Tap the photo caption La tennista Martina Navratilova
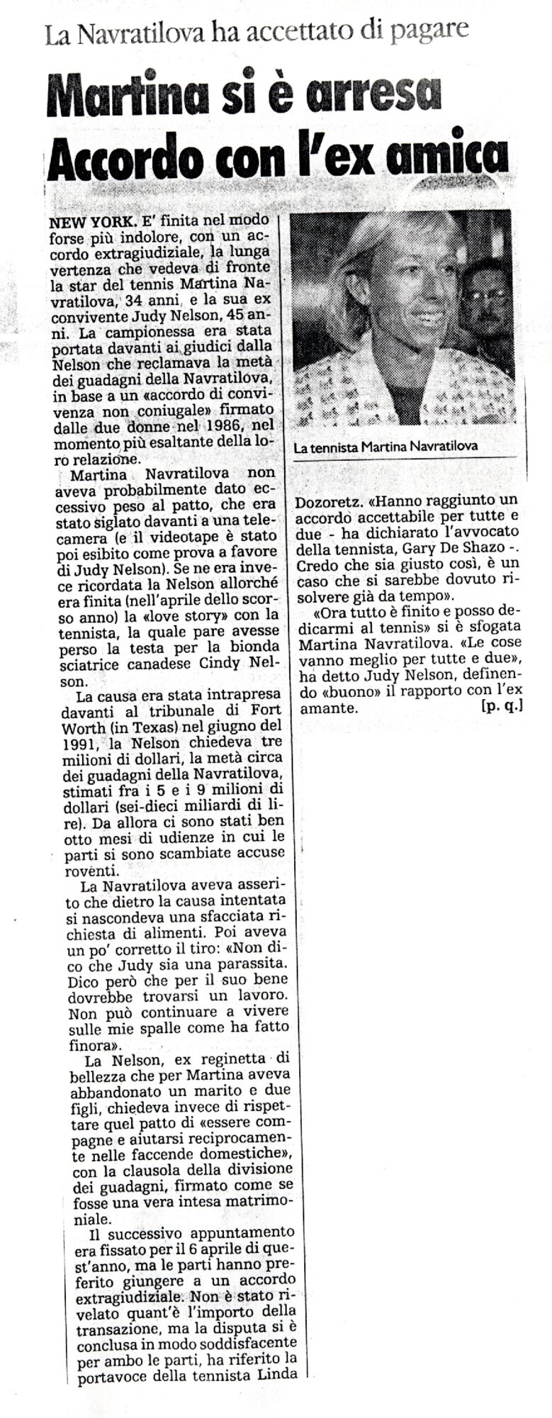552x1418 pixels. [x=385, y=446]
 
